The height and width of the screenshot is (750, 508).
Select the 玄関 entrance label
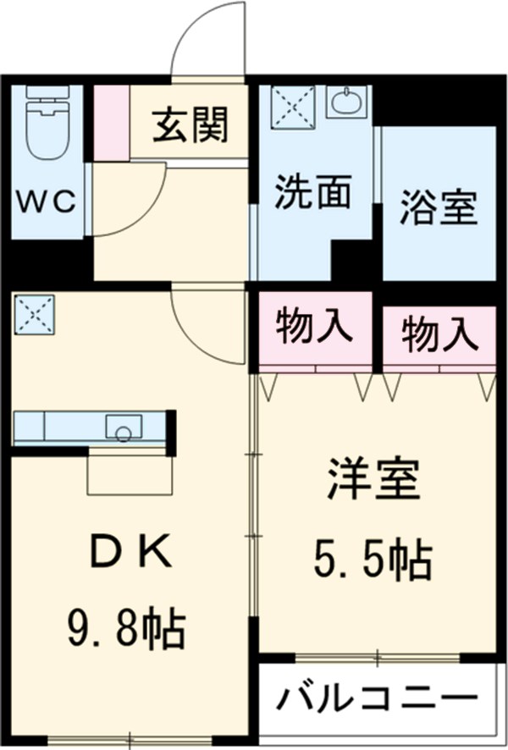coord(190,127)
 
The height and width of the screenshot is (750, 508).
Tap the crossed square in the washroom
coord(292,107)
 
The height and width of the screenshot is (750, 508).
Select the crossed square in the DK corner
coord(35,314)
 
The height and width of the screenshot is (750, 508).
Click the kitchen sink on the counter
coord(124,428)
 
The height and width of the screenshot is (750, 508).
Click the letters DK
coord(131,554)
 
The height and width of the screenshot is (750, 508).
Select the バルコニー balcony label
coord(375,701)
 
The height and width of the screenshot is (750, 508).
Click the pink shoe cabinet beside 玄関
coord(110,122)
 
